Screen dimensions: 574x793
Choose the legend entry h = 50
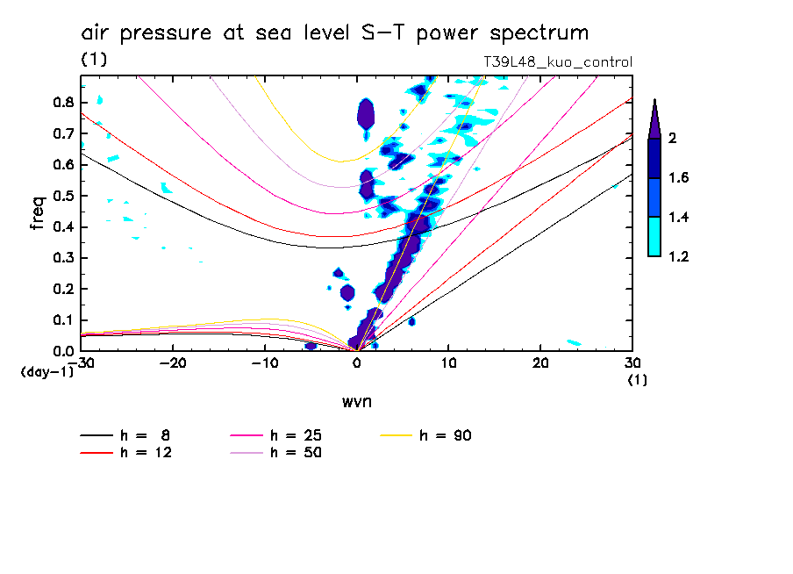point(296,453)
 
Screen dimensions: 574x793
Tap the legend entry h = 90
point(446,435)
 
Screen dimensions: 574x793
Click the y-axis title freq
point(38,212)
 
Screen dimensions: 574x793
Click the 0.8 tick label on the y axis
point(61,102)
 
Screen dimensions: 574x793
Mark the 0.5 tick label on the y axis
point(61,196)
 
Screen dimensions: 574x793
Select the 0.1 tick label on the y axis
point(61,320)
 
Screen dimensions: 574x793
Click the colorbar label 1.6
point(680,178)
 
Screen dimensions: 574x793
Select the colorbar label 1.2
point(680,257)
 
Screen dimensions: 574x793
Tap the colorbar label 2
point(672,139)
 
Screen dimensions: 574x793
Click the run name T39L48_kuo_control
point(558,62)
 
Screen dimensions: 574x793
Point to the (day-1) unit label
point(46,371)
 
